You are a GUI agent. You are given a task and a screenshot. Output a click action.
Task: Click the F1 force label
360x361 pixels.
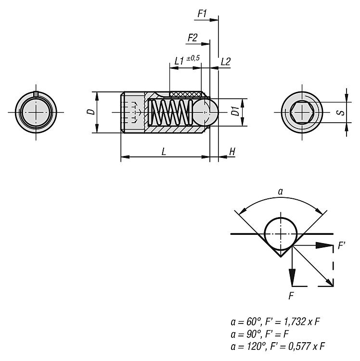202,13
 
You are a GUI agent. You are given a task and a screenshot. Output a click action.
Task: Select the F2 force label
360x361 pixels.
193,38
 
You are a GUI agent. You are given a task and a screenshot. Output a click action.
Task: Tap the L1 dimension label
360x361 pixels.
179,61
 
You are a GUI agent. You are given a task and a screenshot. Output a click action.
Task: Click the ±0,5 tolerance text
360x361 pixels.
193,58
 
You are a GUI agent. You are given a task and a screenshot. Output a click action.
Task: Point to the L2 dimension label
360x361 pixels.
226,62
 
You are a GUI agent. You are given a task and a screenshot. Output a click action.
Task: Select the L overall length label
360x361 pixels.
164,152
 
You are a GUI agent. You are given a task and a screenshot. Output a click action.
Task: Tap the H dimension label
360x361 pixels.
232,152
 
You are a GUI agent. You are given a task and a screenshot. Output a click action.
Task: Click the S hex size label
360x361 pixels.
342,113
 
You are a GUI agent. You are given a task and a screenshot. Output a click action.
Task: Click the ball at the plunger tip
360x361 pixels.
206,112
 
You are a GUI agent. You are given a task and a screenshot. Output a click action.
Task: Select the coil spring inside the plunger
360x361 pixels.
170,112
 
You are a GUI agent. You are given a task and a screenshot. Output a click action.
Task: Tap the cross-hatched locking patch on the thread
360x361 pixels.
185,94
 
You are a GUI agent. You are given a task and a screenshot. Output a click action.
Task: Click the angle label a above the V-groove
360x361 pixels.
281,192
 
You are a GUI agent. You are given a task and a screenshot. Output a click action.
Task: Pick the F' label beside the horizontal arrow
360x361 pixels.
342,245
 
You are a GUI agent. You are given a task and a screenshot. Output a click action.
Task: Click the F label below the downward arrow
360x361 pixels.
291,296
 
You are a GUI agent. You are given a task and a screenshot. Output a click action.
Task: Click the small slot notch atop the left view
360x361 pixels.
36,93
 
